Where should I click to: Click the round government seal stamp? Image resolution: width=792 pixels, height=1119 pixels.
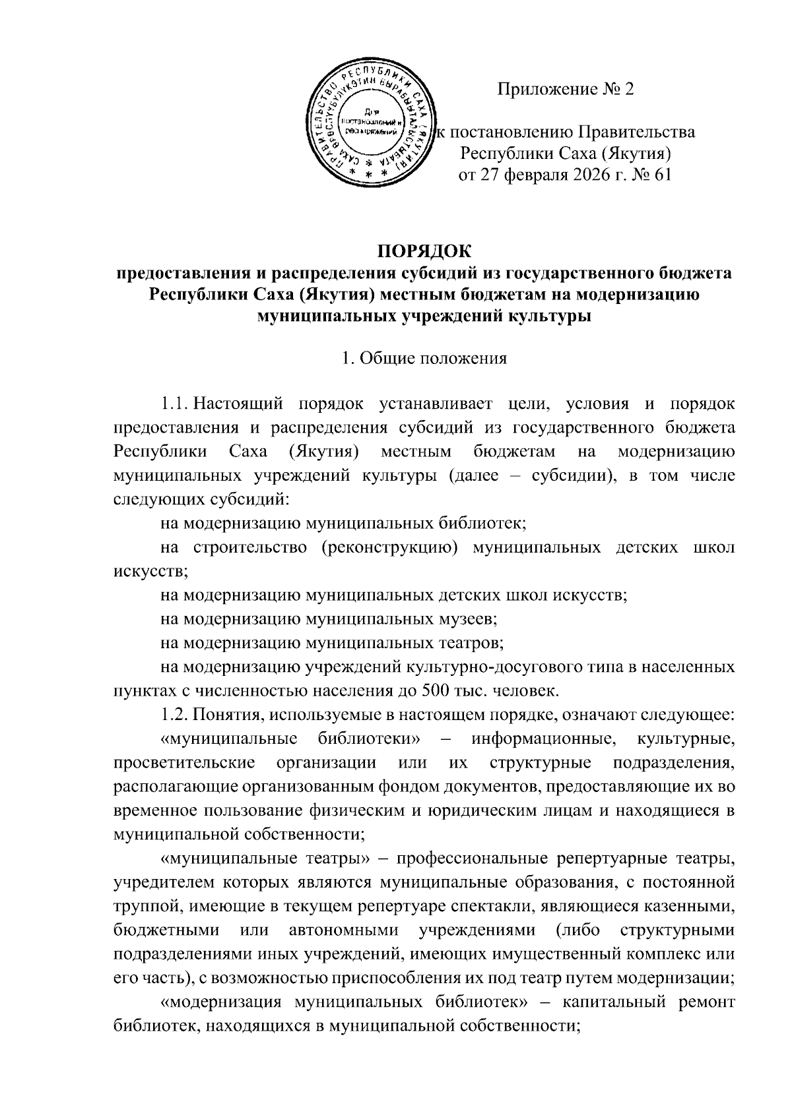point(374,123)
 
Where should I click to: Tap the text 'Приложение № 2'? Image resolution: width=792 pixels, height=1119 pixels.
point(565,89)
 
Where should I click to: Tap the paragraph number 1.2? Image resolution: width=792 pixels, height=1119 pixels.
point(176,715)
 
